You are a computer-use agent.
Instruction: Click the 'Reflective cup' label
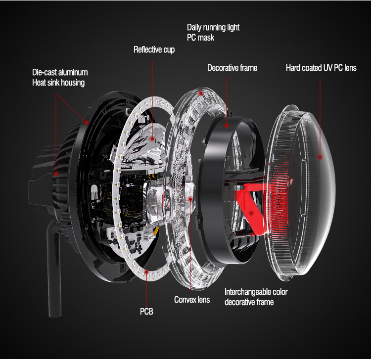click(x=154, y=49)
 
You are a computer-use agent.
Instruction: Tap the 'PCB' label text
click(x=146, y=311)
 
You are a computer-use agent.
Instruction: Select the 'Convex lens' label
click(x=192, y=300)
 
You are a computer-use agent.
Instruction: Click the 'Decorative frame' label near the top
click(x=232, y=68)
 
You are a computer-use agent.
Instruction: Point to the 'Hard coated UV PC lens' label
click(x=321, y=68)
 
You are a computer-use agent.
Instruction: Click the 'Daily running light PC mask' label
click(x=213, y=33)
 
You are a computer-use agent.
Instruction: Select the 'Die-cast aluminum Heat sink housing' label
click(x=60, y=77)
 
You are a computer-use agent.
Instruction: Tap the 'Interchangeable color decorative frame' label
click(x=256, y=297)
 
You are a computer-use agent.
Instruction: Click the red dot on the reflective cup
click(x=152, y=139)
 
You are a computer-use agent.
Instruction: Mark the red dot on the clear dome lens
click(x=320, y=157)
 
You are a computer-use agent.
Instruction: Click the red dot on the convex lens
click(x=190, y=199)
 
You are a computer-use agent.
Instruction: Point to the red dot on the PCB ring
click(x=146, y=272)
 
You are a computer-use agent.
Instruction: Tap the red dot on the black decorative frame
click(x=227, y=126)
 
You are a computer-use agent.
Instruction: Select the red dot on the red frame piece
click(x=251, y=213)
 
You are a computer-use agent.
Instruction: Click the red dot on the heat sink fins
click(x=56, y=174)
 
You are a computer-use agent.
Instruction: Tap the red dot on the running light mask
click(x=201, y=93)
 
